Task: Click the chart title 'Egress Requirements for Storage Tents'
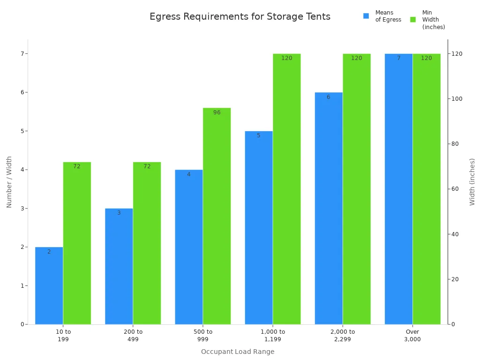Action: pyautogui.click(x=240, y=17)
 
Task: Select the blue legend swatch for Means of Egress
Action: pyautogui.click(x=366, y=16)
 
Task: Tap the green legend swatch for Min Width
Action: pyautogui.click(x=413, y=19)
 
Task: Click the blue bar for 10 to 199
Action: pyautogui.click(x=49, y=285)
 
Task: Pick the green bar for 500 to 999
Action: pyautogui.click(x=217, y=216)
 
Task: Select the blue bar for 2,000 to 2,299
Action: pyautogui.click(x=329, y=208)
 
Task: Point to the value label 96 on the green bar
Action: pyautogui.click(x=217, y=112)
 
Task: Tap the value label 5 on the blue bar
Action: pyautogui.click(x=258, y=135)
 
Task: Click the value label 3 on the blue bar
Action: pyautogui.click(x=119, y=213)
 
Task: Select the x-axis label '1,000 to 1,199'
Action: pyautogui.click(x=272, y=335)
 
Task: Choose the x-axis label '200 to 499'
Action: pyautogui.click(x=133, y=335)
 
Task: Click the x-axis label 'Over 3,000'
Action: pyautogui.click(x=412, y=335)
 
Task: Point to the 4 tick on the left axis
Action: pyautogui.click(x=22, y=170)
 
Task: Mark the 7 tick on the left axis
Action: pyautogui.click(x=22, y=53)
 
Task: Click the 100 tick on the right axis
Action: pyautogui.click(x=457, y=99)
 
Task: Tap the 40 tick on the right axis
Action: pyautogui.click(x=455, y=234)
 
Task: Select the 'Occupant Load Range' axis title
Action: pyautogui.click(x=238, y=352)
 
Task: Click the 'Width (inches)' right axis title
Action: pyautogui.click(x=472, y=181)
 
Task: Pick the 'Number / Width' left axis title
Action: pyautogui.click(x=9, y=182)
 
